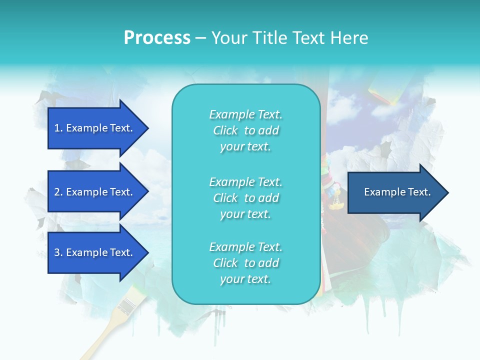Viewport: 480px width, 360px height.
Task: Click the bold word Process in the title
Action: [157, 38]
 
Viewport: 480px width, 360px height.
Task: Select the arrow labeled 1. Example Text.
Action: [95, 128]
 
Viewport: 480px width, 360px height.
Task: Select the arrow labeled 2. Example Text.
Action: [95, 192]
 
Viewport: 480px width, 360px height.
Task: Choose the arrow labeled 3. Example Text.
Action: [95, 252]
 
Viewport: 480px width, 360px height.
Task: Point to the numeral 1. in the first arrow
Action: [58, 128]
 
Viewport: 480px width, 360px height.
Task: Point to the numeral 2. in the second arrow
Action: [58, 192]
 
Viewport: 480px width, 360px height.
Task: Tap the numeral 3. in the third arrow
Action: [58, 252]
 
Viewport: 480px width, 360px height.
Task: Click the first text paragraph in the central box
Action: [245, 130]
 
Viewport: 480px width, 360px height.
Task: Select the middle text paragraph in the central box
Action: [245, 198]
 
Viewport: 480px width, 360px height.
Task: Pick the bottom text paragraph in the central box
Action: [245, 263]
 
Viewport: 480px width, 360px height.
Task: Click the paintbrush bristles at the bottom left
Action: [129, 302]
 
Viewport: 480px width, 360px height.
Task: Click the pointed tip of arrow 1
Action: [147, 128]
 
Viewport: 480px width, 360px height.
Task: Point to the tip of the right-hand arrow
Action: [447, 192]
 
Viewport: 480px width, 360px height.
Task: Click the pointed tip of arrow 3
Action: [147, 252]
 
